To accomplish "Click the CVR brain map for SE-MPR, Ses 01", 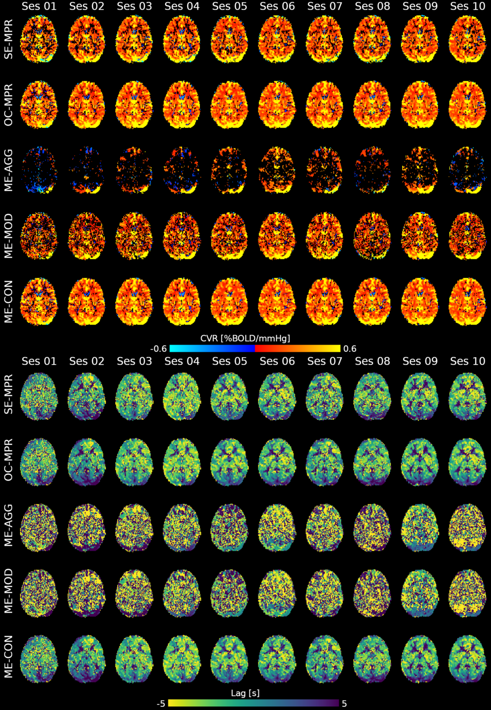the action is (38, 39).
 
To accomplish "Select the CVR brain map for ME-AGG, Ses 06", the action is (277, 170).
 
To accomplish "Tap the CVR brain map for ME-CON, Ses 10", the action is (467, 302).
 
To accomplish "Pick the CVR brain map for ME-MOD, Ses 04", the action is (182, 236).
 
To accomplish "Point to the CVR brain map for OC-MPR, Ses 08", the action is (372, 105).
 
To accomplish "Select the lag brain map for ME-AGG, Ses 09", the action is (420, 528).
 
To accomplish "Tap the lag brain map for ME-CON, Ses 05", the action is (229, 658).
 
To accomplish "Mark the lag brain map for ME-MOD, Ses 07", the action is (325, 593).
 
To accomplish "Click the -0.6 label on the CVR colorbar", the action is (158, 349).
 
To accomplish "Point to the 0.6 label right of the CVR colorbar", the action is (349, 349).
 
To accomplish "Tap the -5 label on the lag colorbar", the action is (161, 704).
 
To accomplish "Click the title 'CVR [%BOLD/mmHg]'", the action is (245, 338).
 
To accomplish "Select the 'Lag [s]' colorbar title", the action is (245, 693).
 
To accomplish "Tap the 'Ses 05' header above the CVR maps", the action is (229, 6).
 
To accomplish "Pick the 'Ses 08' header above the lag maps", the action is (372, 361).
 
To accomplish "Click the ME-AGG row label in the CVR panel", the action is (8, 170).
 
